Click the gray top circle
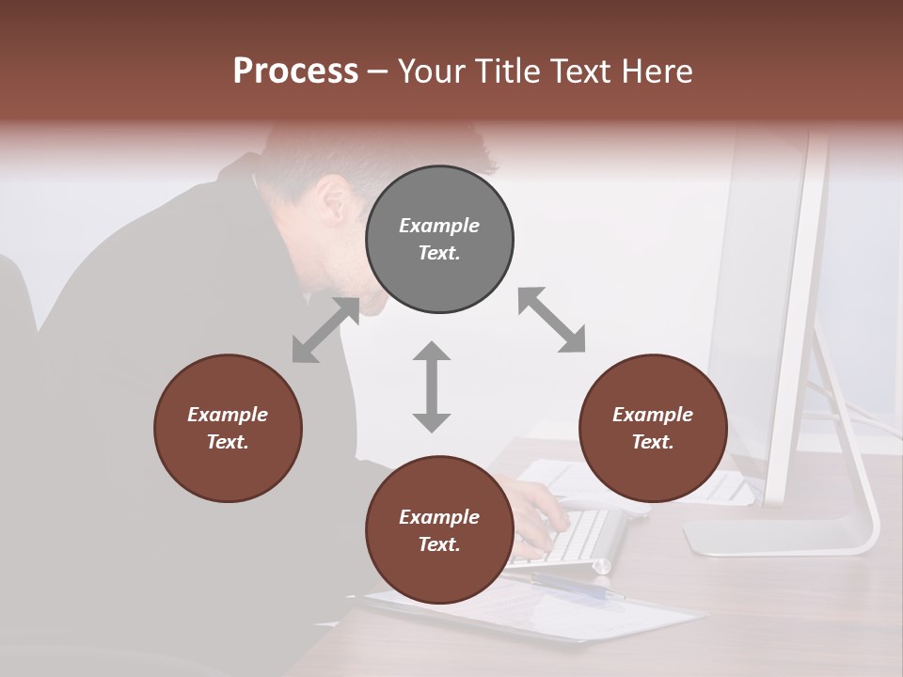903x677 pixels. click(x=439, y=240)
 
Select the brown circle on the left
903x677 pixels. click(x=228, y=428)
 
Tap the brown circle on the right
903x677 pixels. click(x=653, y=428)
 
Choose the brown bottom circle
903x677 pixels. click(x=439, y=530)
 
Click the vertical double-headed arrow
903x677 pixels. click(x=432, y=386)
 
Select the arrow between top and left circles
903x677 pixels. click(x=325, y=330)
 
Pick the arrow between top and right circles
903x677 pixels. click(x=552, y=320)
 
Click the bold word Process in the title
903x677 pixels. click(x=295, y=71)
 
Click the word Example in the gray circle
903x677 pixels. click(x=439, y=226)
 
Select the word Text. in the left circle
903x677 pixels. click(x=228, y=442)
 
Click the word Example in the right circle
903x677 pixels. click(x=653, y=415)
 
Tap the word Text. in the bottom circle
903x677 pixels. click(x=439, y=544)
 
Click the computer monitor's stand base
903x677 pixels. click(x=781, y=538)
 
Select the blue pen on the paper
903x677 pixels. click(x=574, y=587)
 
